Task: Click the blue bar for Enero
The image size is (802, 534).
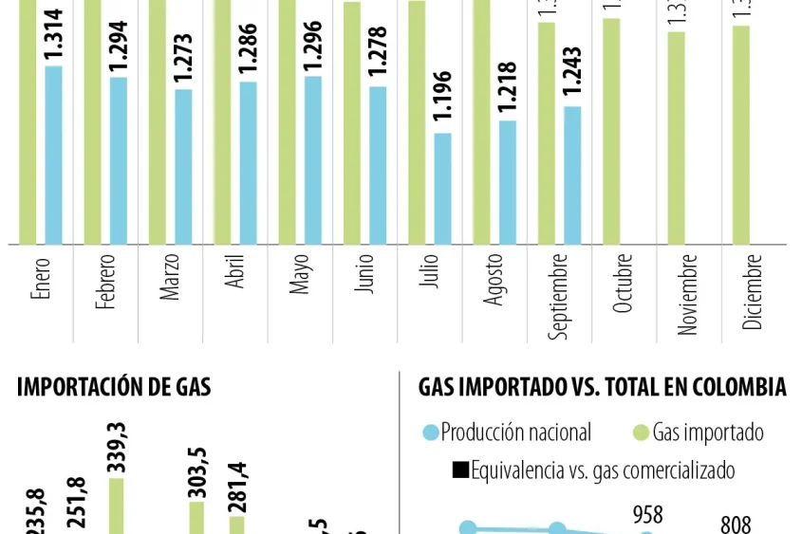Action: point(53,155)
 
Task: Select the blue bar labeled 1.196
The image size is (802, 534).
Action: point(442,188)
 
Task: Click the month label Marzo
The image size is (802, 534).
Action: point(170,277)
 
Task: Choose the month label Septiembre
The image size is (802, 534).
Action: point(559,295)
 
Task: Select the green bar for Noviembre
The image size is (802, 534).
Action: point(676,138)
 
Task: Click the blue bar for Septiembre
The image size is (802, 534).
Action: point(572,175)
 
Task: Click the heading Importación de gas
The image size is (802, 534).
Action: point(114,387)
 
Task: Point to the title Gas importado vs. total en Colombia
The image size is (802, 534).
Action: point(602,387)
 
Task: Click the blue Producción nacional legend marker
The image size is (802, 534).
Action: point(431,433)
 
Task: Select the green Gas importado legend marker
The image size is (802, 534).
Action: point(642,433)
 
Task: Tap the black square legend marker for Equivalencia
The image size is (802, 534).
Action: point(460,470)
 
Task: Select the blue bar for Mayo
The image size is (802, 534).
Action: point(313,159)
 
